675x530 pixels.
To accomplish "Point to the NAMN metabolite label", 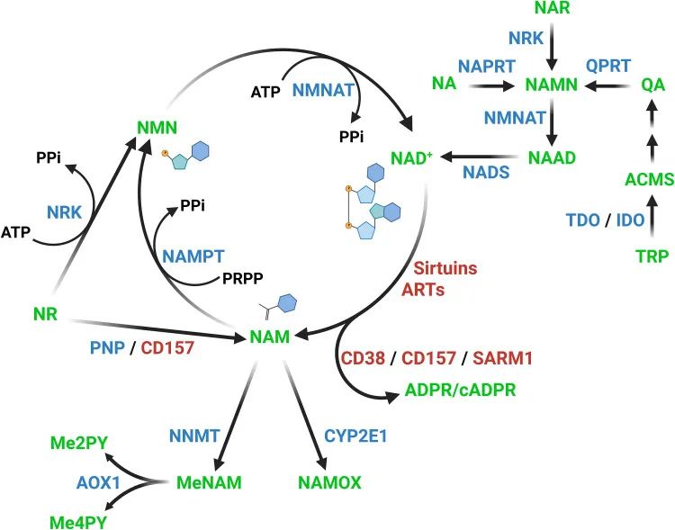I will click(550, 86).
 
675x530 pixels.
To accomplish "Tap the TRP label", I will click(652, 256).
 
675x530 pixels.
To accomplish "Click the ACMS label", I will click(649, 179).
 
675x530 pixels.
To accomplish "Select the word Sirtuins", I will click(446, 268).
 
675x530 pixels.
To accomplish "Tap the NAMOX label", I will click(329, 482).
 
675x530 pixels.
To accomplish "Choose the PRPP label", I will click(246, 280).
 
